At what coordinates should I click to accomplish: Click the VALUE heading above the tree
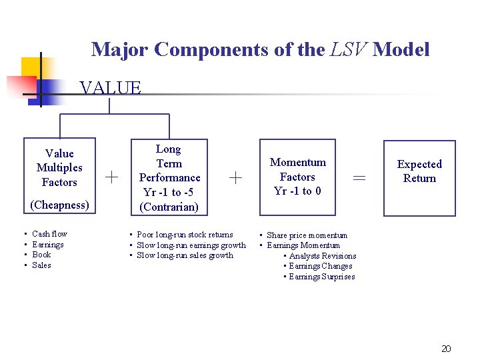click(x=110, y=87)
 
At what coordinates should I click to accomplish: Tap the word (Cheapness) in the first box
click(x=60, y=205)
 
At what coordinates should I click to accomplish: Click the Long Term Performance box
click(x=169, y=177)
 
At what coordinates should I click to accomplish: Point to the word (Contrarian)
click(x=169, y=207)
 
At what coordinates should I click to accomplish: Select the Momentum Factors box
click(x=297, y=177)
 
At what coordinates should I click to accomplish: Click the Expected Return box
click(x=419, y=177)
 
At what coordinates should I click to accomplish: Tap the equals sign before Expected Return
click(x=359, y=178)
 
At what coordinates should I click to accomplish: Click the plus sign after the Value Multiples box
click(x=112, y=177)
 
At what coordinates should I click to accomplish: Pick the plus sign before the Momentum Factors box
click(x=235, y=177)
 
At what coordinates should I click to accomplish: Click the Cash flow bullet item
click(x=49, y=234)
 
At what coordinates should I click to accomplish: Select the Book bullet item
click(x=41, y=255)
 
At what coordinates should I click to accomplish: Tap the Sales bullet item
click(x=41, y=265)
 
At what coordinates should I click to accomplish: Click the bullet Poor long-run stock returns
click(x=185, y=235)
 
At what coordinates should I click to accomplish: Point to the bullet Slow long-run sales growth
click(x=185, y=255)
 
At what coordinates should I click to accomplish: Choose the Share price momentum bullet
click(x=307, y=235)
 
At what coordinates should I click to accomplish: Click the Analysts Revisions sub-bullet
click(x=323, y=256)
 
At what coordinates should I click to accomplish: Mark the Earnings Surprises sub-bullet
click(x=322, y=277)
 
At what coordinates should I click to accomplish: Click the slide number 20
click(x=447, y=349)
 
